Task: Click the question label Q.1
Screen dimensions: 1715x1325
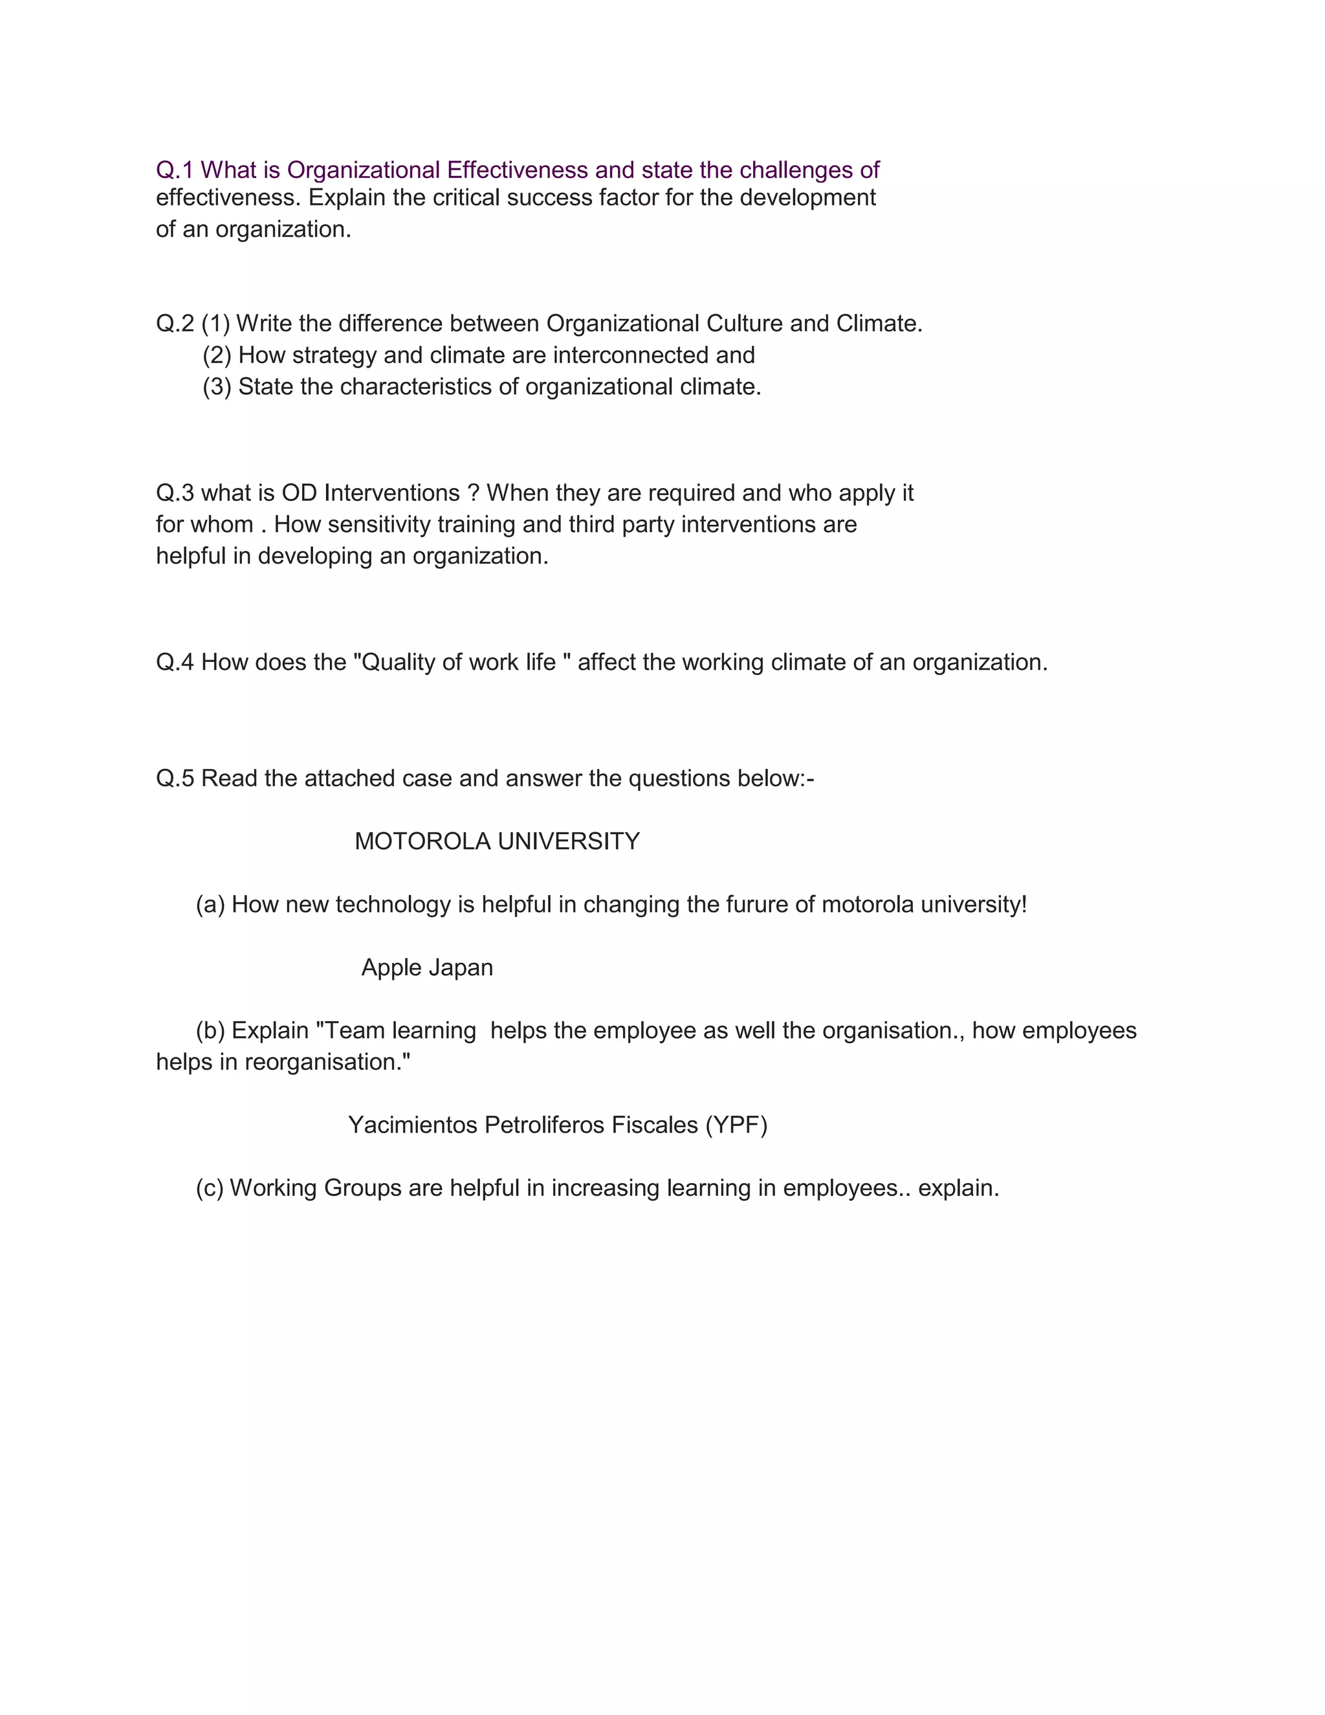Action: [x=174, y=170]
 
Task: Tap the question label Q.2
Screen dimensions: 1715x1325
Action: [x=174, y=324]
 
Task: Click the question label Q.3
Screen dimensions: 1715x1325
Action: [x=174, y=493]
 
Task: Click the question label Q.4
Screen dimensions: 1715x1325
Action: [x=174, y=663]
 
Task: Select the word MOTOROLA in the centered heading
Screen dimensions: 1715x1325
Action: [x=422, y=842]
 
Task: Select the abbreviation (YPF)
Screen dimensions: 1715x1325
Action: [x=736, y=1125]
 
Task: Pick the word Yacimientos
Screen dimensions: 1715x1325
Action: [x=413, y=1125]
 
